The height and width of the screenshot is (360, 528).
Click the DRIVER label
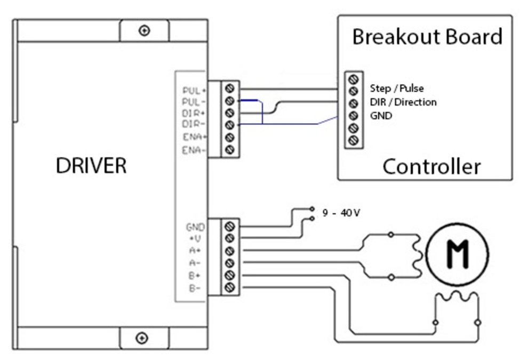pos(91,165)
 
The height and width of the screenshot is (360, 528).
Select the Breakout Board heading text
pos(427,37)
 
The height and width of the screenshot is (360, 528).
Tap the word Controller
pos(431,166)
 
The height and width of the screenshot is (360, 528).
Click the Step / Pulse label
pos(396,89)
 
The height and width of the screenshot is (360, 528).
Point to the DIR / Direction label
pos(403,102)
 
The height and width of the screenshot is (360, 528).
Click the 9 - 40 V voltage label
pos(341,213)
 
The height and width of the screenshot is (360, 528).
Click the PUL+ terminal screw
pos(230,88)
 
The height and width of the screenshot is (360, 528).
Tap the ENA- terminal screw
pos(230,150)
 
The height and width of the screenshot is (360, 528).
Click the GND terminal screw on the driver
pos(230,226)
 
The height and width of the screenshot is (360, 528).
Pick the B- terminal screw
pos(230,287)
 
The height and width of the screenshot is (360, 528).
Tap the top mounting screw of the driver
pos(143,30)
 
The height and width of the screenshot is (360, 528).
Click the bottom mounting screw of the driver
pos(142,338)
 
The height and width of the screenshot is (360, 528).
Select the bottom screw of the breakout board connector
pos(352,140)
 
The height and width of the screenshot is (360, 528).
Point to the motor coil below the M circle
pos(457,299)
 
